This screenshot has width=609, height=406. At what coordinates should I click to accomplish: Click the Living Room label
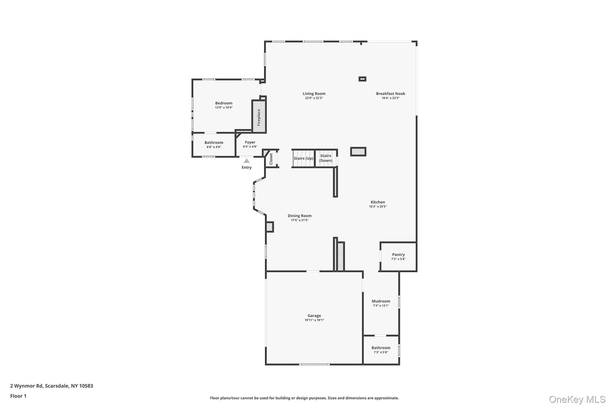point(314,93)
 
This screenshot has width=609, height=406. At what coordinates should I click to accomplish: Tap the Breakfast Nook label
point(390,93)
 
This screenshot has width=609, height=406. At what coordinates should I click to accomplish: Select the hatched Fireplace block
point(259,117)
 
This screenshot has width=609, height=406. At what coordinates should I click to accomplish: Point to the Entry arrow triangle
point(247,161)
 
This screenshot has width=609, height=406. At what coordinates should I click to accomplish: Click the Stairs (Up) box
point(303,158)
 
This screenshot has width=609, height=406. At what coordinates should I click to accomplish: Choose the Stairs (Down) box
point(326,158)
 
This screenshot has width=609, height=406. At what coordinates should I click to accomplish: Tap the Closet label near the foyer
point(271,159)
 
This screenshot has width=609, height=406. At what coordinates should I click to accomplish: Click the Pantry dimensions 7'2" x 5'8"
point(398,259)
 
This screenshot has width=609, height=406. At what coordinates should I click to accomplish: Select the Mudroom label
point(381,301)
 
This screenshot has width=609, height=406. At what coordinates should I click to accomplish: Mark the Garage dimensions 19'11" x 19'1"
point(314,320)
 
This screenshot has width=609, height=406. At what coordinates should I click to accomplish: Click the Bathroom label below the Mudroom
point(381,348)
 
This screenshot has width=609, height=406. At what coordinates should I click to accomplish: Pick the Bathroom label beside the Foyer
point(214,142)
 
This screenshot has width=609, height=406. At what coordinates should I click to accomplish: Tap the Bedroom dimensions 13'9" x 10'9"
point(224,108)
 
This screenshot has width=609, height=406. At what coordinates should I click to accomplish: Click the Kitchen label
point(378,202)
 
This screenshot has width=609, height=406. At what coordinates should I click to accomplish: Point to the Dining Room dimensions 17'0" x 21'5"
point(299,220)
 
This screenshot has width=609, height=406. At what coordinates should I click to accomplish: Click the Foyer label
point(250,142)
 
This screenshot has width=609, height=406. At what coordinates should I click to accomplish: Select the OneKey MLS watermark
point(577,399)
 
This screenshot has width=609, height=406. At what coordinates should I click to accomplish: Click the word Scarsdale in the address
point(57,386)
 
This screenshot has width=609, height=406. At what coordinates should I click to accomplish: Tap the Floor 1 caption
point(18,396)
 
